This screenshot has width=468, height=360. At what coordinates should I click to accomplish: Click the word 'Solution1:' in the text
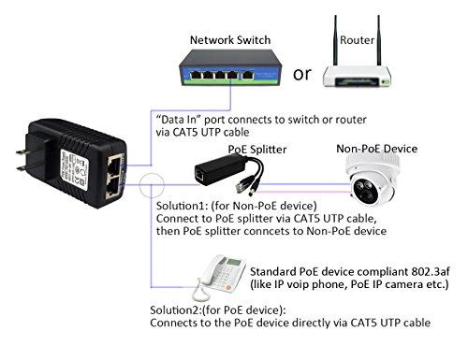[179, 205]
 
